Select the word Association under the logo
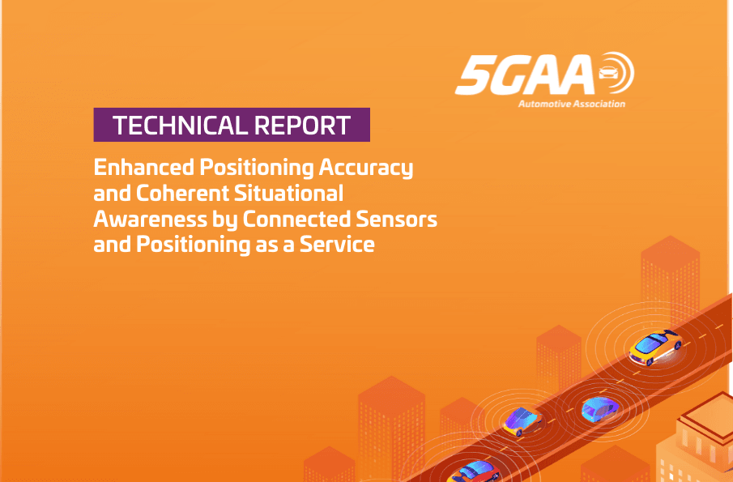coord(598,104)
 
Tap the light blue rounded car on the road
coord(599,408)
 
